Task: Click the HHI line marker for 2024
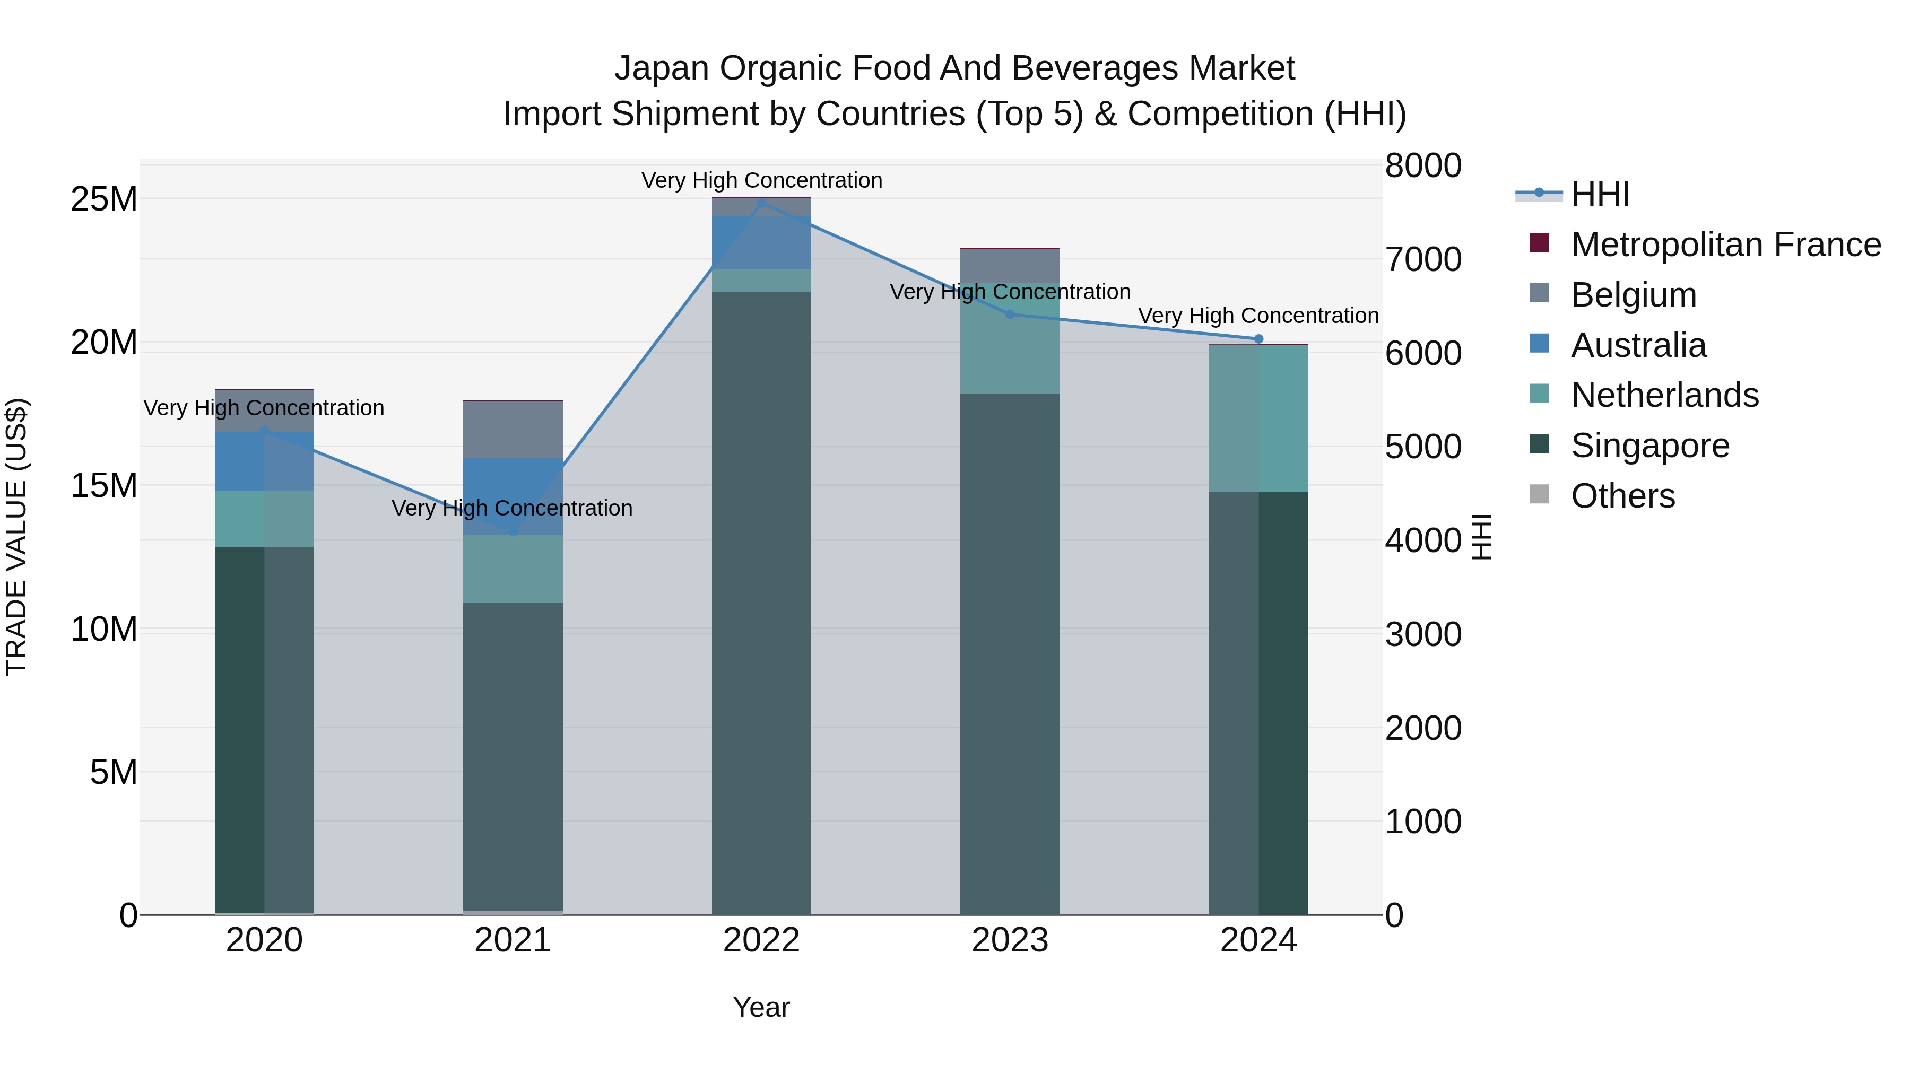click(1258, 339)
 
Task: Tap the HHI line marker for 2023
click(1010, 315)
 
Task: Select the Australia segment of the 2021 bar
click(513, 496)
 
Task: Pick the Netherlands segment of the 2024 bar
click(1258, 419)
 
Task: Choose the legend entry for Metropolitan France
click(1725, 245)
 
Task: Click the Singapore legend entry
click(1649, 446)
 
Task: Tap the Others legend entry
click(1622, 496)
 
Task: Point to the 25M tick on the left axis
click(105, 199)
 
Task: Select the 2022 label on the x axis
click(761, 940)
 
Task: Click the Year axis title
click(761, 1007)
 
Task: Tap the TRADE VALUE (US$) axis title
click(16, 537)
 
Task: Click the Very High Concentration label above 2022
click(761, 180)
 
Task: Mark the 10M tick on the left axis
click(105, 629)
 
